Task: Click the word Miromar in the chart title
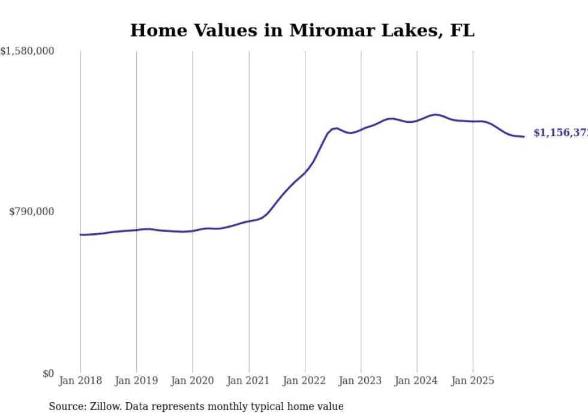click(325, 31)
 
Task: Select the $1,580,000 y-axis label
click(27, 52)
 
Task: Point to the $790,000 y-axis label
click(31, 212)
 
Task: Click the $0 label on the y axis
click(48, 373)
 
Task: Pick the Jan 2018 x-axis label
click(80, 381)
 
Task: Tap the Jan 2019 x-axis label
click(136, 381)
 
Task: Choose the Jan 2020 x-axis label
click(193, 381)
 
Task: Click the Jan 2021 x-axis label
click(248, 381)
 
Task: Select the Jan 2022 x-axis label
click(305, 381)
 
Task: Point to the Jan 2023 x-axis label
click(361, 381)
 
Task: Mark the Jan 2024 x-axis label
click(416, 381)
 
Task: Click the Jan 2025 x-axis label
click(473, 381)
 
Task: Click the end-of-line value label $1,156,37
click(560, 133)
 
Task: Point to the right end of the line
click(524, 137)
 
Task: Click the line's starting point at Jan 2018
click(80, 234)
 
